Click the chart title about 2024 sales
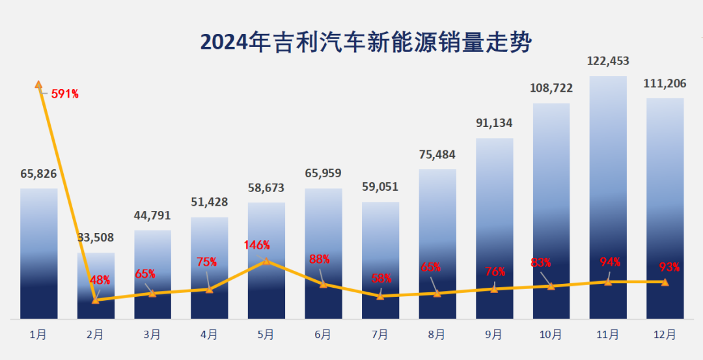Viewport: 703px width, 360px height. pos(366,42)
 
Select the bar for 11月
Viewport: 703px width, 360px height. pos(608,195)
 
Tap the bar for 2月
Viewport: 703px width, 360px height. pos(96,286)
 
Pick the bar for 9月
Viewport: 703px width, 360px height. pos(494,228)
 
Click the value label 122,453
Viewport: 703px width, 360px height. pos(608,61)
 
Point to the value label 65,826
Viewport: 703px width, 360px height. pos(38,174)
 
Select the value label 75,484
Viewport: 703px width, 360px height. pos(437,155)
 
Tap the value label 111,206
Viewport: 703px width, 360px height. pos(665,83)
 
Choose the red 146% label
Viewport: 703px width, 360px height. pos(257,245)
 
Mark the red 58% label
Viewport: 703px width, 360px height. pos(381,278)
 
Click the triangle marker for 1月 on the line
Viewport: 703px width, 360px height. pos(38,84)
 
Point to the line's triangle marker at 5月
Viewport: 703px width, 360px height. pos(266,260)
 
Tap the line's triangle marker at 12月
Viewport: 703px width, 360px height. pos(665,282)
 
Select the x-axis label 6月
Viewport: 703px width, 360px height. pos(323,335)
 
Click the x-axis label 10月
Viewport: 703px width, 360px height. pos(551,335)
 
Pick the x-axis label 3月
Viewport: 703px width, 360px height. pos(152,335)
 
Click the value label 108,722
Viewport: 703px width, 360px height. pos(551,88)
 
